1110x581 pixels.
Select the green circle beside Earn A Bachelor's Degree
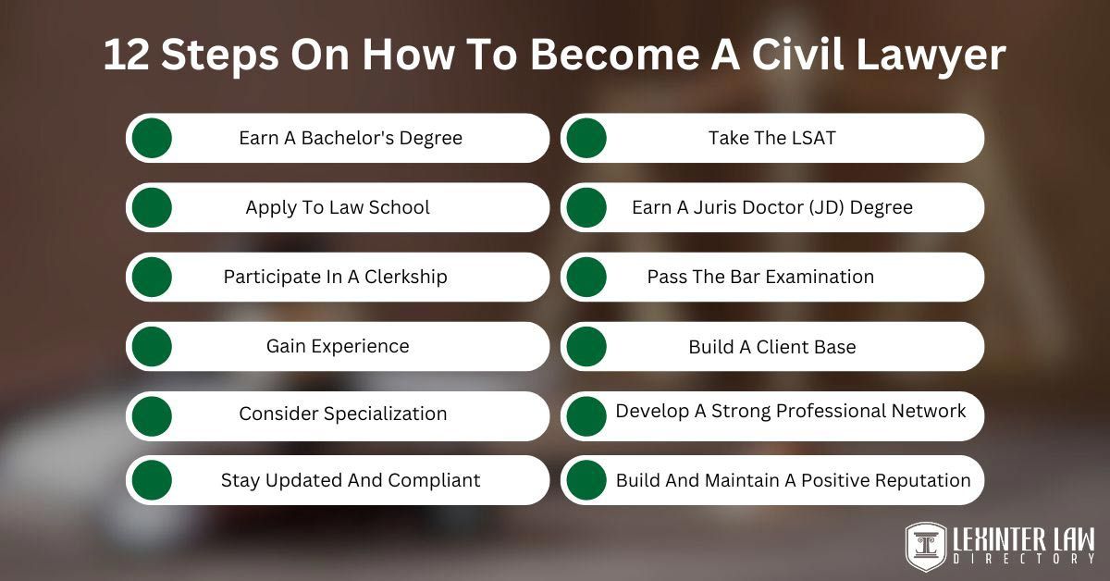pos(152,138)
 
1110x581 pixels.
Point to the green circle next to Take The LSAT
pos(586,138)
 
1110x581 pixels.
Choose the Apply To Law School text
pos(338,207)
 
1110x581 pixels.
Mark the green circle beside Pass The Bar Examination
pos(586,277)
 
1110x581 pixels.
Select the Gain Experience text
pos(338,346)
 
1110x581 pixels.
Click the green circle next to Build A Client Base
pos(586,346)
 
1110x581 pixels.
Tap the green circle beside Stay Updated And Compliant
pos(152,480)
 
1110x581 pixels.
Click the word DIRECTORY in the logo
pos(1020,559)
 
